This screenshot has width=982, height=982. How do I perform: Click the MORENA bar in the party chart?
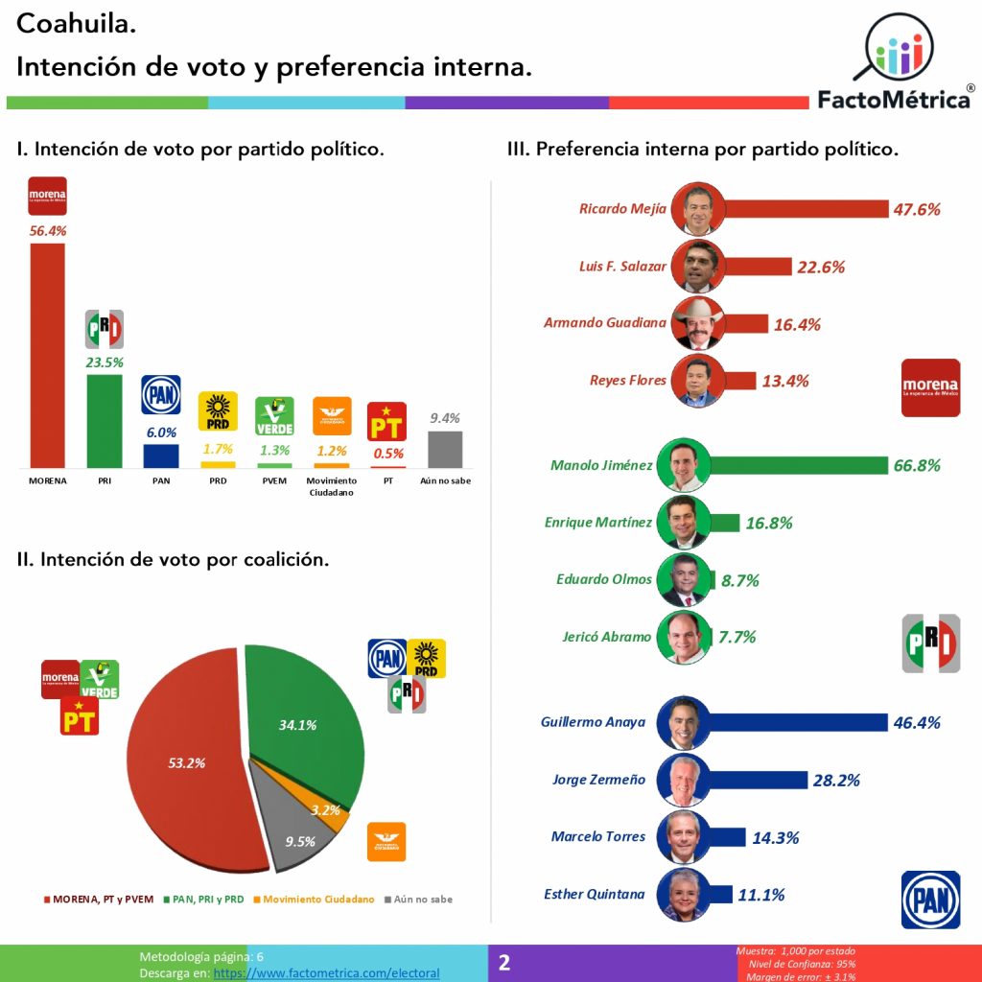[48, 355]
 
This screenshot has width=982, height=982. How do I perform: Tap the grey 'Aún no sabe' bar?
[445, 449]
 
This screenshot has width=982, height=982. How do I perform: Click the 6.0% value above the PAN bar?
[161, 433]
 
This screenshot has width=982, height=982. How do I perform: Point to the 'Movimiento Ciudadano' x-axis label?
[332, 486]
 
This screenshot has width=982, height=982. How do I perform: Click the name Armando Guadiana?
[604, 323]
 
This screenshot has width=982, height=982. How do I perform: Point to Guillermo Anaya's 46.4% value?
[917, 723]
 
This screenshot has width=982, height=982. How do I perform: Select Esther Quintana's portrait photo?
[683, 894]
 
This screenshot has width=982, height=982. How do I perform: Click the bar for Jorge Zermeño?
[759, 780]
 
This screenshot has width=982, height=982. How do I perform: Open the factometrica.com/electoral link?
[326, 972]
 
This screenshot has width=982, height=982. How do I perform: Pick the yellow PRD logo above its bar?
[218, 410]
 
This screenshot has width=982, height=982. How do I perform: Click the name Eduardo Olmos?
[603, 579]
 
